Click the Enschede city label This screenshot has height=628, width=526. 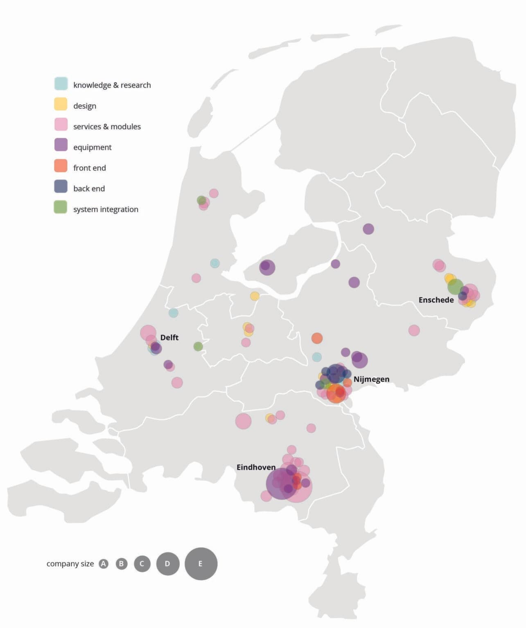[436, 300]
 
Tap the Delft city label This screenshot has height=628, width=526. [169, 337]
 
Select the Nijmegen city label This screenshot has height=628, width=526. [371, 379]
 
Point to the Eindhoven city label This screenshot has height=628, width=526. [256, 467]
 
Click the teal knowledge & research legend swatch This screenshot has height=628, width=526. [61, 83]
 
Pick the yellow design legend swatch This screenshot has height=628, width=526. [61, 104]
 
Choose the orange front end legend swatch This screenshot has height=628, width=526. [61, 166]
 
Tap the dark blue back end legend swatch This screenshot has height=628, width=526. [61, 186]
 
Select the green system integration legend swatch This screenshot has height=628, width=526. [61, 207]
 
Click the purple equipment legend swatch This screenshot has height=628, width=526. [61, 145]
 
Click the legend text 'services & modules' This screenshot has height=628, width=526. [107, 127]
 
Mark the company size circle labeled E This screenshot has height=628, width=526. [201, 563]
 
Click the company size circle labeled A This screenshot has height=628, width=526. [104, 564]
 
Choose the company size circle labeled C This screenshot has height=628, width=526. [142, 564]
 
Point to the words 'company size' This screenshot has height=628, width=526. [70, 564]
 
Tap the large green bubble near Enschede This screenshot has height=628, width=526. [455, 287]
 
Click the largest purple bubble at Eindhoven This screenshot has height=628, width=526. [281, 484]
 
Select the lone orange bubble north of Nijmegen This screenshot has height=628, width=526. [317, 338]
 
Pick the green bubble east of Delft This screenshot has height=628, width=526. [198, 347]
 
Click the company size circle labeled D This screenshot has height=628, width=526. [167, 563]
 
